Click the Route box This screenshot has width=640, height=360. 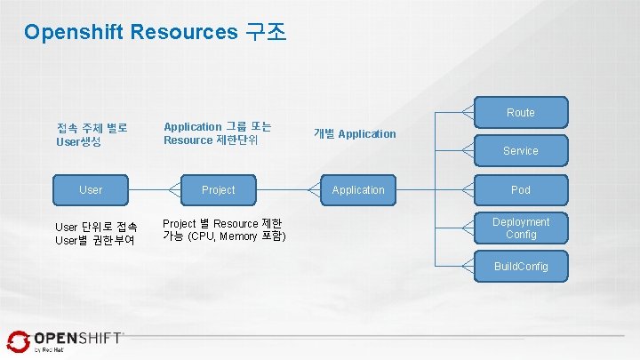(x=520, y=113)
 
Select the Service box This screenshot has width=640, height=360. (x=520, y=151)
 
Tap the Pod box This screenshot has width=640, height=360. (x=520, y=189)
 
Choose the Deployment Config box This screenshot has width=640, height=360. (x=520, y=228)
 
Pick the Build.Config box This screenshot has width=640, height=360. (x=520, y=266)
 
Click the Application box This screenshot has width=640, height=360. (x=358, y=189)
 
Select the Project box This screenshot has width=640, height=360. (x=218, y=189)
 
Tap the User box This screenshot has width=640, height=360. (x=90, y=189)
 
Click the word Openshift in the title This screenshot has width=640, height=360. (x=74, y=33)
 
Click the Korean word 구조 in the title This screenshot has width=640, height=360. (x=263, y=33)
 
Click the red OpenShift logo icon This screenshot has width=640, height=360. (x=18, y=341)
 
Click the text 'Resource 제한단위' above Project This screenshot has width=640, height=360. (x=211, y=140)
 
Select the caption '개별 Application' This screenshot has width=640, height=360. (x=355, y=133)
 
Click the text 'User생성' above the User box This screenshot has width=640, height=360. (x=79, y=142)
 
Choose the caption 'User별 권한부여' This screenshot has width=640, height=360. (x=95, y=240)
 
